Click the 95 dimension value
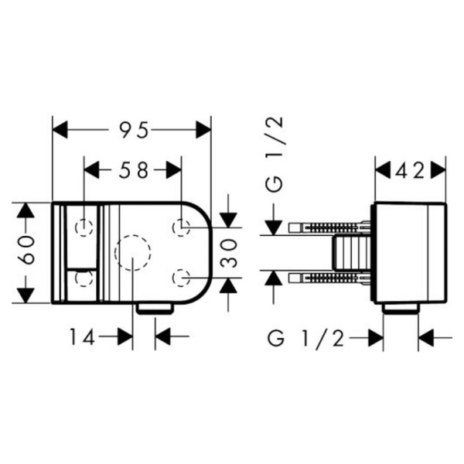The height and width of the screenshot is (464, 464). [133, 130]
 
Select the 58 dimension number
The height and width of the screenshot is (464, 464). [133, 171]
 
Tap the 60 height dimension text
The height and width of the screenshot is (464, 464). [26, 250]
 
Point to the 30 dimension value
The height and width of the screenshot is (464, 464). [229, 253]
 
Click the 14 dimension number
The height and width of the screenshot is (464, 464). [82, 337]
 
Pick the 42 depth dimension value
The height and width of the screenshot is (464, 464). [410, 172]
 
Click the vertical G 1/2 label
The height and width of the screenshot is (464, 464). [275, 155]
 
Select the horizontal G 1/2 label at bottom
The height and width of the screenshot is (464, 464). [306, 338]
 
